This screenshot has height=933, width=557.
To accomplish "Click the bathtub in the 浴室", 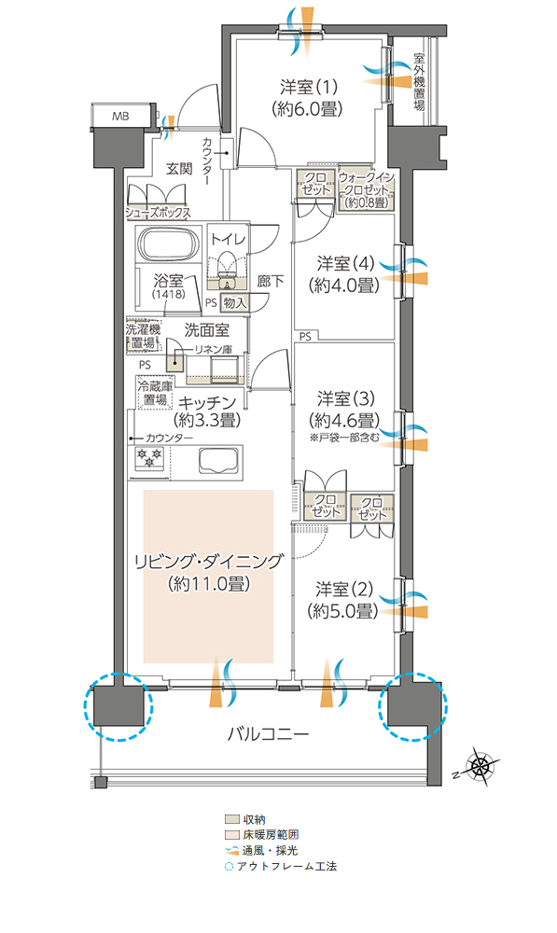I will pos(169,246).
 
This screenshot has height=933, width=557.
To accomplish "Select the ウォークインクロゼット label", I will pos(366,188).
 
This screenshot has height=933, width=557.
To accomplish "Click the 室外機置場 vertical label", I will pos(419,84).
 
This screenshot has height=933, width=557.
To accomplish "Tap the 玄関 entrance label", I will pos(179,169).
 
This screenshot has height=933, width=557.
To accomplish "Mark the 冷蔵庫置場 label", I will pos(155,393).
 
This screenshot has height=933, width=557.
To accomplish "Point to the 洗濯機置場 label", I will pos(144,337).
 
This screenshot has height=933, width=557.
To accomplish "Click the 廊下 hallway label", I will pos(271,280).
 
